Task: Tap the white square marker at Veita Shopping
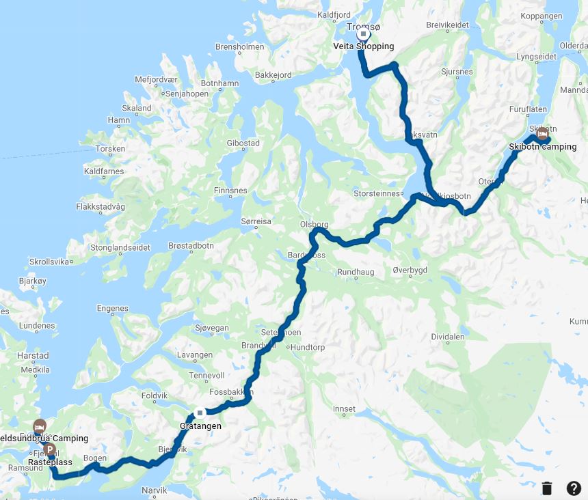[x=364, y=34]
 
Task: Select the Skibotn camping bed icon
[x=542, y=133]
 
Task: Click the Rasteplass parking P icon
[x=50, y=451]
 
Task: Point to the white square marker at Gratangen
[x=200, y=413]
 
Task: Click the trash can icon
[x=547, y=488]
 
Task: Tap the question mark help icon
[x=574, y=488]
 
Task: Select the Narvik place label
[x=154, y=490]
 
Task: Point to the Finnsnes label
[x=230, y=190]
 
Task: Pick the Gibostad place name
[x=243, y=143]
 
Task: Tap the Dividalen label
[x=448, y=337]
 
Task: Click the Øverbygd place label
[x=410, y=270]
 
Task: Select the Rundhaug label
[x=356, y=272]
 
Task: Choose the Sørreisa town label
[x=256, y=221]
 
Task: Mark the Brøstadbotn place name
[x=191, y=246]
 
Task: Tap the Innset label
[x=344, y=409]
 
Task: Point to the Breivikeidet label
[x=447, y=24]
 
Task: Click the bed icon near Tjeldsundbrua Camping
[x=40, y=426]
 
